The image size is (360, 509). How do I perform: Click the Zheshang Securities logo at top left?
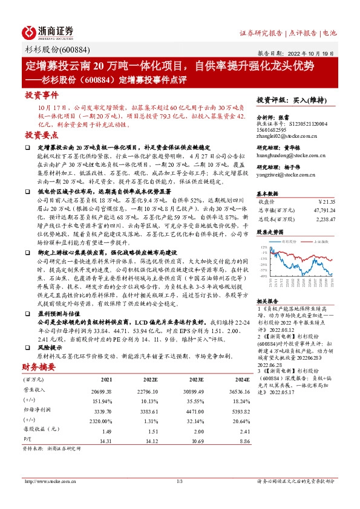pyautogui.click(x=49, y=32)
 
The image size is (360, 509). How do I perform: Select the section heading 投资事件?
pyautogui.click(x=42, y=95)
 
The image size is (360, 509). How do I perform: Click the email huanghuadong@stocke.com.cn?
pyautogui.click(x=292, y=154)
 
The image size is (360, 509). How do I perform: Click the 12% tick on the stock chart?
pyautogui.click(x=264, y=248)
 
